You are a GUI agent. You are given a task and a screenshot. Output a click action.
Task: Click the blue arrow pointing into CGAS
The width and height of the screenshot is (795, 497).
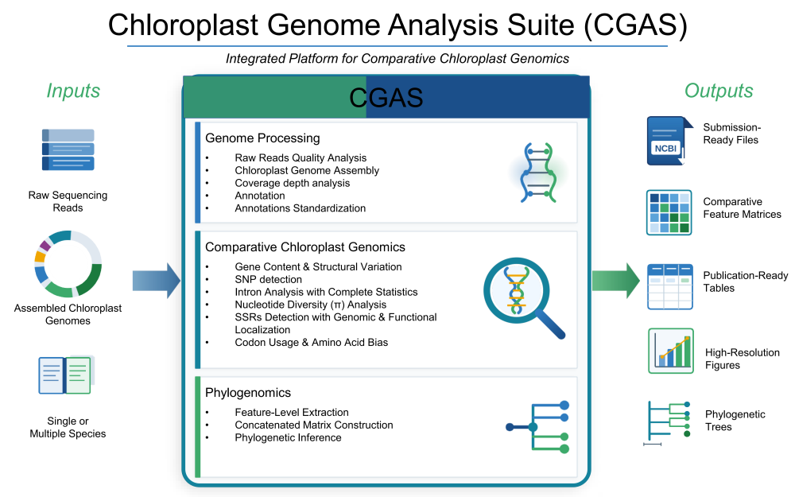tap(156, 281)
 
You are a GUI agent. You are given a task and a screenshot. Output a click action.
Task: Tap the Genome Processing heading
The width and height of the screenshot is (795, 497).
tap(262, 138)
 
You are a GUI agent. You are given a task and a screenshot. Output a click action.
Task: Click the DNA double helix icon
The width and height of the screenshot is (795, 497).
tap(537, 172)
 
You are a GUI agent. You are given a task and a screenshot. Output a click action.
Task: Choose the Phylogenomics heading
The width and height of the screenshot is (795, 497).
tap(248, 393)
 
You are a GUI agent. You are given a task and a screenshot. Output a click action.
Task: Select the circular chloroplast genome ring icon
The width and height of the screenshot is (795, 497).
tap(68, 264)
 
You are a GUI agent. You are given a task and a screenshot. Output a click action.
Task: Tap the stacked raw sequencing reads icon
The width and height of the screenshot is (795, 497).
tap(68, 149)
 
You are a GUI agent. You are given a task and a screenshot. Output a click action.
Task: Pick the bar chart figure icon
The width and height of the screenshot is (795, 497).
tap(670, 351)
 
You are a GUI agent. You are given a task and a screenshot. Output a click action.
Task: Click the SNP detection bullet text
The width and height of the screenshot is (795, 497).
tap(269, 279)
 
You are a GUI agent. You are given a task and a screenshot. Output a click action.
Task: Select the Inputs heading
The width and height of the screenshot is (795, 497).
tap(73, 91)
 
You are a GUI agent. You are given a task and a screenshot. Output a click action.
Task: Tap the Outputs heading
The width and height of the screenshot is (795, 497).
tap(719, 91)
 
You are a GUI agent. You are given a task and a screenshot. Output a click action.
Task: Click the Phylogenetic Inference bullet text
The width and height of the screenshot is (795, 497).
tap(288, 437)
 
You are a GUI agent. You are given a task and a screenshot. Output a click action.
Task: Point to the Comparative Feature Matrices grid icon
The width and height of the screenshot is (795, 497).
tap(669, 212)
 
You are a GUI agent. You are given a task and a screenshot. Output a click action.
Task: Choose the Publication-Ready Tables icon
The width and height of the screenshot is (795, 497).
tap(669, 286)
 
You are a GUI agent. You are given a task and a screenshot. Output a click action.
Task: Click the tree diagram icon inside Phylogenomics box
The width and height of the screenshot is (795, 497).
tap(539, 427)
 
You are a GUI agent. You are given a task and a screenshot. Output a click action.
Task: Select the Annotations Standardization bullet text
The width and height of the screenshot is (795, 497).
tap(301, 208)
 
